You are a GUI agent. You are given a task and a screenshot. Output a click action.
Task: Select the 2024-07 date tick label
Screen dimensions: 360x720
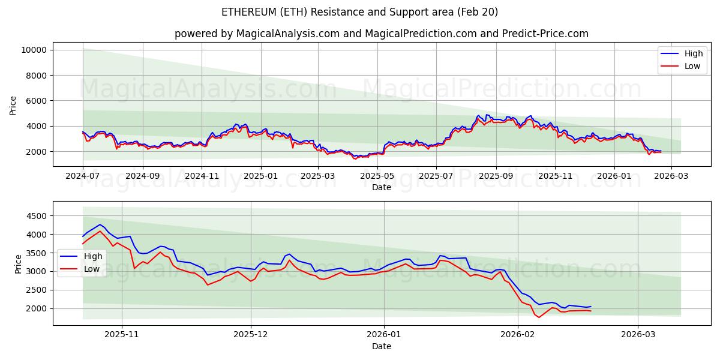coord(83,176)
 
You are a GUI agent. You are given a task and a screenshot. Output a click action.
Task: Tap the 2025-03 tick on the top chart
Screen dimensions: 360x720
coord(318,176)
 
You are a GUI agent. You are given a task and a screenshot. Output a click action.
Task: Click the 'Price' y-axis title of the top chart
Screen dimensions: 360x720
coord(13,106)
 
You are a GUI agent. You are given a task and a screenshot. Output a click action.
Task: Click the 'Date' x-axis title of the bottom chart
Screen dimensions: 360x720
coord(381,346)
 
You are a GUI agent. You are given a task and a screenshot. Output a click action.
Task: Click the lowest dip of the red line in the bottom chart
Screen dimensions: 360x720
coord(539,317)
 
